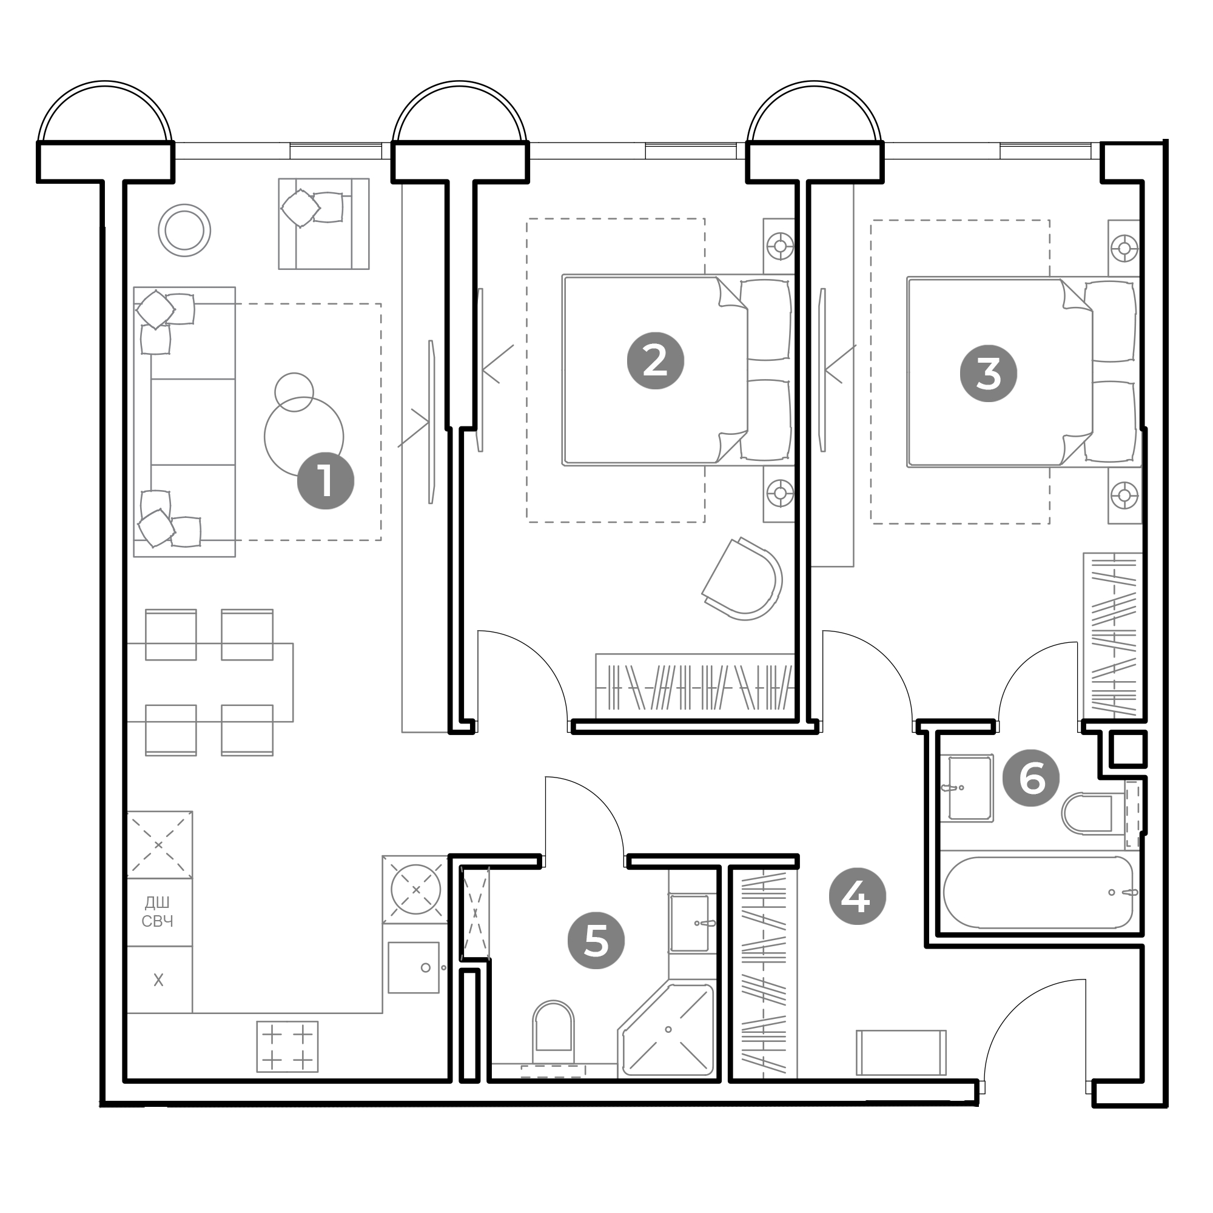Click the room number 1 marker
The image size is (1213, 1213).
click(325, 481)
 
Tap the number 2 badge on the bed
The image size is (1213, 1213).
click(656, 361)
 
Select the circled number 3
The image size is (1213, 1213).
click(988, 374)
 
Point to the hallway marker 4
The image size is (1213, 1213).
click(857, 897)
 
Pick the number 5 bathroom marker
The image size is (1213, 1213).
click(596, 941)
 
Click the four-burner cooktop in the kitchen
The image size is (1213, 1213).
click(287, 1047)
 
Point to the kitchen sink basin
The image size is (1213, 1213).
click(413, 967)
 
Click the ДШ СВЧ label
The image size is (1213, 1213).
click(158, 912)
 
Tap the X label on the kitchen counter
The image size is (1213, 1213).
click(158, 979)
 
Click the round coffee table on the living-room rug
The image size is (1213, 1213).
click(304, 437)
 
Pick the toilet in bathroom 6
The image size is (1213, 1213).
click(1087, 815)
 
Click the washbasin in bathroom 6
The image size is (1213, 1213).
click(970, 788)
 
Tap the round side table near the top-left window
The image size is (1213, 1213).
click(184, 230)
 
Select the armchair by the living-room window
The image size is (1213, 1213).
click(323, 224)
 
